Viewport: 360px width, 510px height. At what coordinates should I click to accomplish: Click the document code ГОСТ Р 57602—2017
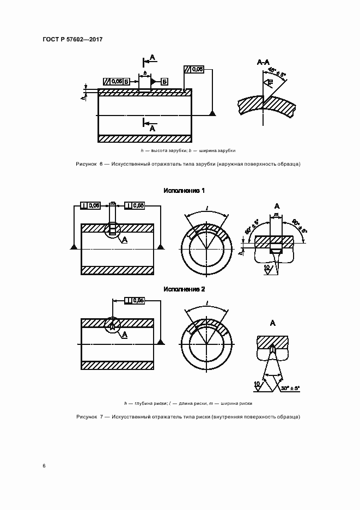[x=72, y=40]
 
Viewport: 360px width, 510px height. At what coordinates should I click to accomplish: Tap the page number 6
[x=44, y=466]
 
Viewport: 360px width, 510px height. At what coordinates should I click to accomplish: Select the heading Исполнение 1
[x=184, y=191]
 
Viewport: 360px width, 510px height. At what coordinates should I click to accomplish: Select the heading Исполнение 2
[x=184, y=289]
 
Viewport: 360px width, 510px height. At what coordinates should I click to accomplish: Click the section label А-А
[x=264, y=63]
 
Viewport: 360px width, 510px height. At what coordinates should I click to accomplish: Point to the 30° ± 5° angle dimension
[x=291, y=388]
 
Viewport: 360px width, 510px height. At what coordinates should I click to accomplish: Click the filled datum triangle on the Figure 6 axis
[x=212, y=113]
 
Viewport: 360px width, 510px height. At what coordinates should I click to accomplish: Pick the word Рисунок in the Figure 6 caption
[x=86, y=164]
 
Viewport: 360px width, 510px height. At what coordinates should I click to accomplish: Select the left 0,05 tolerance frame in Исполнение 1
[x=90, y=205]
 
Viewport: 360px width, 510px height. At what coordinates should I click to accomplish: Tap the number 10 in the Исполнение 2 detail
[x=257, y=384]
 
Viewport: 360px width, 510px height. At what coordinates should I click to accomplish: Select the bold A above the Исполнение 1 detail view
[x=276, y=206]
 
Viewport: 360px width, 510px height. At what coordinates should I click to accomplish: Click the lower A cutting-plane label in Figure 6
[x=152, y=128]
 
